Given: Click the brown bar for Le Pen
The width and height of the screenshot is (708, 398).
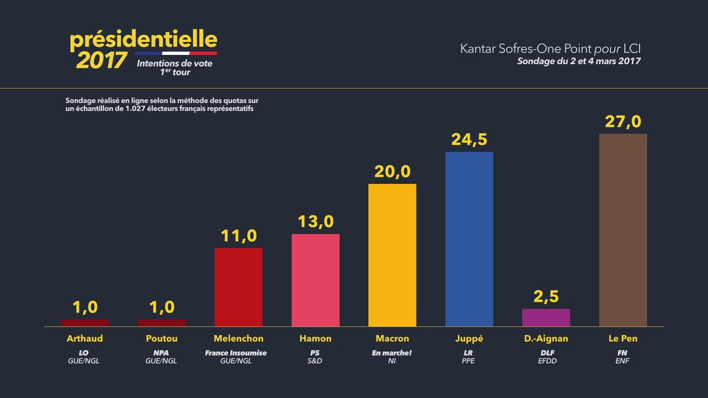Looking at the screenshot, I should [x=622, y=230].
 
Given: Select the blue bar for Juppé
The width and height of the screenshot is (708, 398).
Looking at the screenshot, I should [x=469, y=239].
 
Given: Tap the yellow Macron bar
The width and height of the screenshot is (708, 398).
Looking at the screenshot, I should [x=392, y=255].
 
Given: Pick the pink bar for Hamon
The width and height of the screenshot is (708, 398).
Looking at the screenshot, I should [x=316, y=280].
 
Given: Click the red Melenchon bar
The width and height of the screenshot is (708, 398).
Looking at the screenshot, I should [x=238, y=287].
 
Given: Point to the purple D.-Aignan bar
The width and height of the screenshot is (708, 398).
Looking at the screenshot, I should [x=546, y=317].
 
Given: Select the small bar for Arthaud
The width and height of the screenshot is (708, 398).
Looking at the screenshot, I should [x=85, y=323].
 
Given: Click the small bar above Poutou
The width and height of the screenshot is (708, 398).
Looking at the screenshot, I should [x=162, y=323].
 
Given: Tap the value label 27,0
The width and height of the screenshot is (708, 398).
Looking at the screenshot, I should [x=622, y=122].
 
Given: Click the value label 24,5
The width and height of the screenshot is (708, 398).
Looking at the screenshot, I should [x=469, y=140].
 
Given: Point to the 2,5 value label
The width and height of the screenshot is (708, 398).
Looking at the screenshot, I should [x=546, y=297].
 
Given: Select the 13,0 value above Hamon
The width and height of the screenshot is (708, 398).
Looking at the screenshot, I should [x=316, y=222].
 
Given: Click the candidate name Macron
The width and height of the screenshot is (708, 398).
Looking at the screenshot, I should [x=392, y=339].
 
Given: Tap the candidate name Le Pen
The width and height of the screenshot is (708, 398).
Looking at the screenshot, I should [x=622, y=339].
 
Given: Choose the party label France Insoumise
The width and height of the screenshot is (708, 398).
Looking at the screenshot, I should [x=236, y=353].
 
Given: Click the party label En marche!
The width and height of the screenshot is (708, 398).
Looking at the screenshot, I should [x=392, y=353].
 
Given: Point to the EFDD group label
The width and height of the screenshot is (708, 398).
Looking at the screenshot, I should [x=546, y=361].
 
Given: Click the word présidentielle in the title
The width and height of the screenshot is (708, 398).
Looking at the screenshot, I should [x=143, y=40].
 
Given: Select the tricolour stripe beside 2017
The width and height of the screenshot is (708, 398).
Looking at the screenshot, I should [x=176, y=54].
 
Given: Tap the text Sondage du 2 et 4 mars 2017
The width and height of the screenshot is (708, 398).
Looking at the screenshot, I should [x=579, y=61].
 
